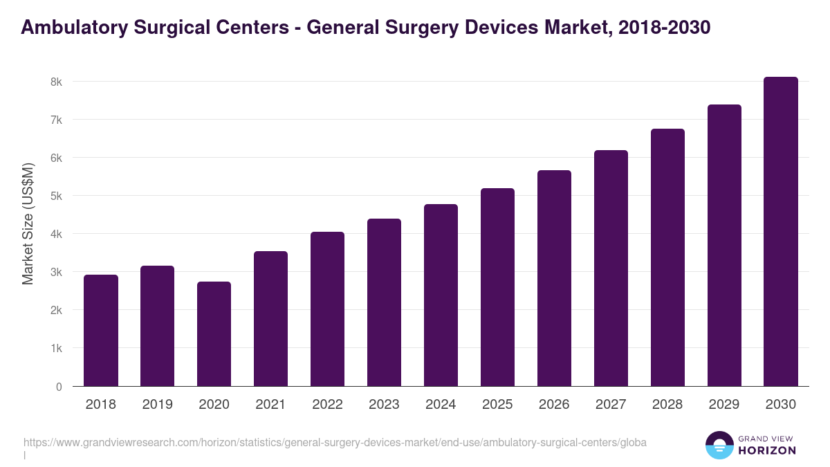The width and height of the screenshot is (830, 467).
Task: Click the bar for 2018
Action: (101, 331)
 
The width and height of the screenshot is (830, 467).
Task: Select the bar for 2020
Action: (214, 334)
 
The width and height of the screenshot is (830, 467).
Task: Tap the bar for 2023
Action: (384, 302)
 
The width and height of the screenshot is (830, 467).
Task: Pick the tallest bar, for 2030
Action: (781, 232)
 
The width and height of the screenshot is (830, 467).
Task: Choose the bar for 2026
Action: (554, 278)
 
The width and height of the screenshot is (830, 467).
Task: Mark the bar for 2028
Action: (667, 257)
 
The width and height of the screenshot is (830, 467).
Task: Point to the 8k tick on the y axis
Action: (56, 82)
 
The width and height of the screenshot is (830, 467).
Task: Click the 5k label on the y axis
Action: (56, 196)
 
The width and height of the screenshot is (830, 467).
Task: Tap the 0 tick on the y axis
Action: (59, 387)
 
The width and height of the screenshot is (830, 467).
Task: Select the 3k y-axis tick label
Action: (56, 273)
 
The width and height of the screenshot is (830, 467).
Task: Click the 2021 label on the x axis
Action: (270, 405)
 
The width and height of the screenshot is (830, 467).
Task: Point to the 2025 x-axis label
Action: (497, 405)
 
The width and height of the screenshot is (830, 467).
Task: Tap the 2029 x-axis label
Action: (724, 405)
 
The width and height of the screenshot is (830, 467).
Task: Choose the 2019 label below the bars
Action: (157, 405)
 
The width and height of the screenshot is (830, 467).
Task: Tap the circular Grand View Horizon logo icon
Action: (719, 445)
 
